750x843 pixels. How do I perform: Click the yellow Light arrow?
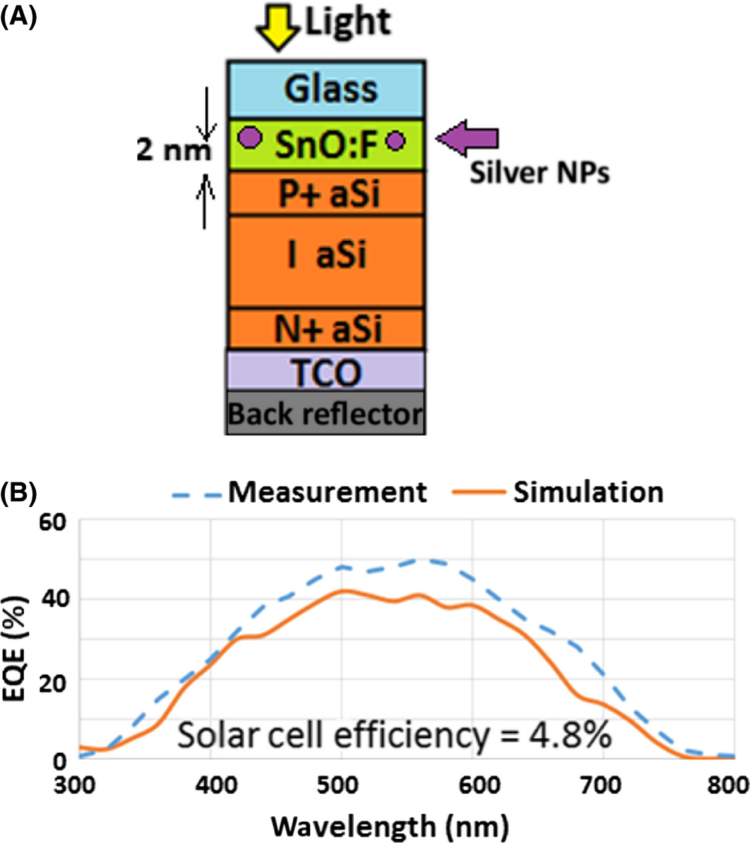(278, 31)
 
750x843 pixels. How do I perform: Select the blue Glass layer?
(326, 89)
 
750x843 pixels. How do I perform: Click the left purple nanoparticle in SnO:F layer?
(249, 137)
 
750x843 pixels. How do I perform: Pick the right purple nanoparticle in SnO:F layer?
(395, 141)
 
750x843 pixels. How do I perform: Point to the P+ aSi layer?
(326, 193)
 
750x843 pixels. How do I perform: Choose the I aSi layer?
(326, 257)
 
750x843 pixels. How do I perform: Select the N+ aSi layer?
(326, 329)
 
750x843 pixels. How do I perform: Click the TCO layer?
(326, 371)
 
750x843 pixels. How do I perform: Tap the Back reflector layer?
(326, 413)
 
